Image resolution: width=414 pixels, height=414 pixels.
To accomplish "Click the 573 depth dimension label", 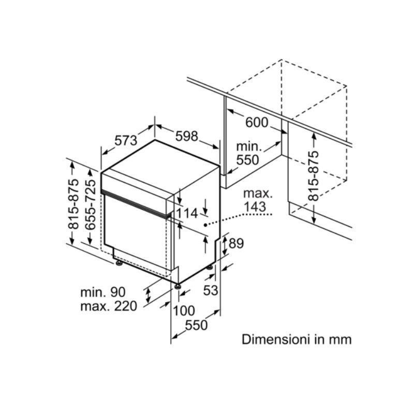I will pos(125,140).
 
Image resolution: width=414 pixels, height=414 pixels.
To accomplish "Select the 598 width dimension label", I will pos(187,136).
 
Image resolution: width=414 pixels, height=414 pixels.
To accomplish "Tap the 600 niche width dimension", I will pos(257,123).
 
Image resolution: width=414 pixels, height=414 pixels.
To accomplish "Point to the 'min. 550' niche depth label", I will pos(247,153).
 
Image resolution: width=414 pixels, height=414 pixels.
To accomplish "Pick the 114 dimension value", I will pos(187,213).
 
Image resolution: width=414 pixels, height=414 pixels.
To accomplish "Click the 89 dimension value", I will pos(235,243).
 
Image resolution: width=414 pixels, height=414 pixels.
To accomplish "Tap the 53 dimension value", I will pos(210,290).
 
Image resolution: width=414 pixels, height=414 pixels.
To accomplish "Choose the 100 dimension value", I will pos(184,311).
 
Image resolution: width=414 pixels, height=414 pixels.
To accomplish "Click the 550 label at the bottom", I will pos(197,326).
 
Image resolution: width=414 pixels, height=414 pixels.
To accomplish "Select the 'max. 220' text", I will pos(109,306).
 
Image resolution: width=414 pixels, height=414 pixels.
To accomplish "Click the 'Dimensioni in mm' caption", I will pos(297,340).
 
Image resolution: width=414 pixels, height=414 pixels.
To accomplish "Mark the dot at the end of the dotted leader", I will pos(206,225).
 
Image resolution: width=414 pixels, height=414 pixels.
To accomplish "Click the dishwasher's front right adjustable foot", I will pos(178,285).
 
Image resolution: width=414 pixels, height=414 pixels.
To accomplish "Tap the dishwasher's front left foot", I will pos(119,263).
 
